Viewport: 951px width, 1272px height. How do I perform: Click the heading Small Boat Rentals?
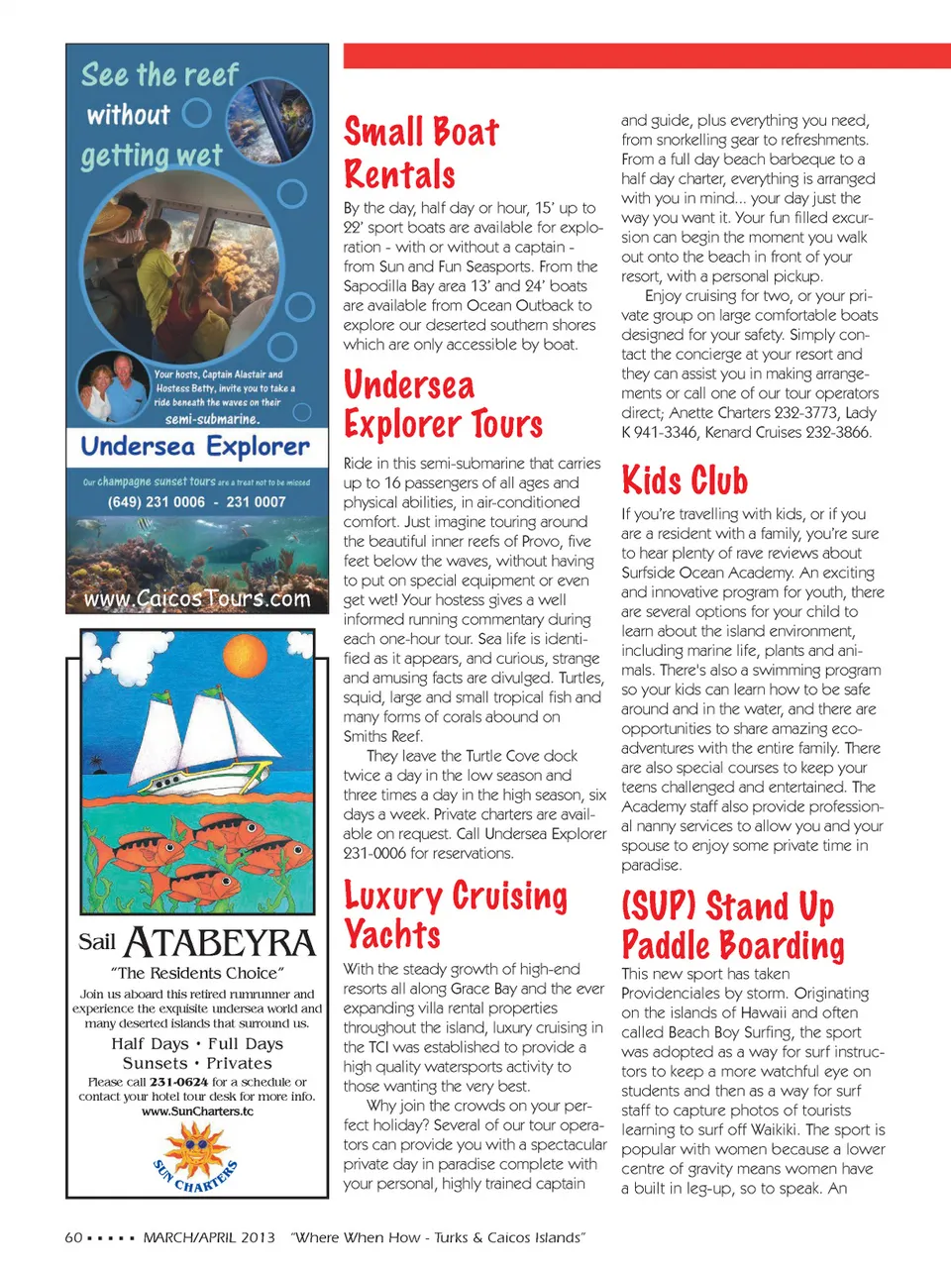(421, 153)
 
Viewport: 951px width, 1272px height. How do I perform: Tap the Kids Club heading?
(685, 480)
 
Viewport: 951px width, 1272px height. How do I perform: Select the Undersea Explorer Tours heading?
(443, 404)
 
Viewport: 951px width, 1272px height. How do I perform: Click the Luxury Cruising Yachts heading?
(455, 914)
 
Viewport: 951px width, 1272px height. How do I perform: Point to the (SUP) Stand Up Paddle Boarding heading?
(733, 925)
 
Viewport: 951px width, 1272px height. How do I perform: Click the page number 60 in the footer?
(73, 1237)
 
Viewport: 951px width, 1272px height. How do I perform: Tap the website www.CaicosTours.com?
(196, 598)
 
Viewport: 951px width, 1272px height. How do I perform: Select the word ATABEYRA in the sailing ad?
(220, 942)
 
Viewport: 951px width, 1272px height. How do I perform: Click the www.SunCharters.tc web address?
(197, 1112)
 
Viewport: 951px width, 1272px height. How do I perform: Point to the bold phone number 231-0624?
(178, 1082)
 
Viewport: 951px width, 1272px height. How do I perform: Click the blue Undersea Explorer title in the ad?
(195, 447)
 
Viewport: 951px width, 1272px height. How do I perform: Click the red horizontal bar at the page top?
(646, 55)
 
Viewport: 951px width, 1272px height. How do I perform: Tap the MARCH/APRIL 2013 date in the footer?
(209, 1237)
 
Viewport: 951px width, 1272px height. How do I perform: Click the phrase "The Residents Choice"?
(197, 973)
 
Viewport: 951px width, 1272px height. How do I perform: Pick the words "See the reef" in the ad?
(159, 75)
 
